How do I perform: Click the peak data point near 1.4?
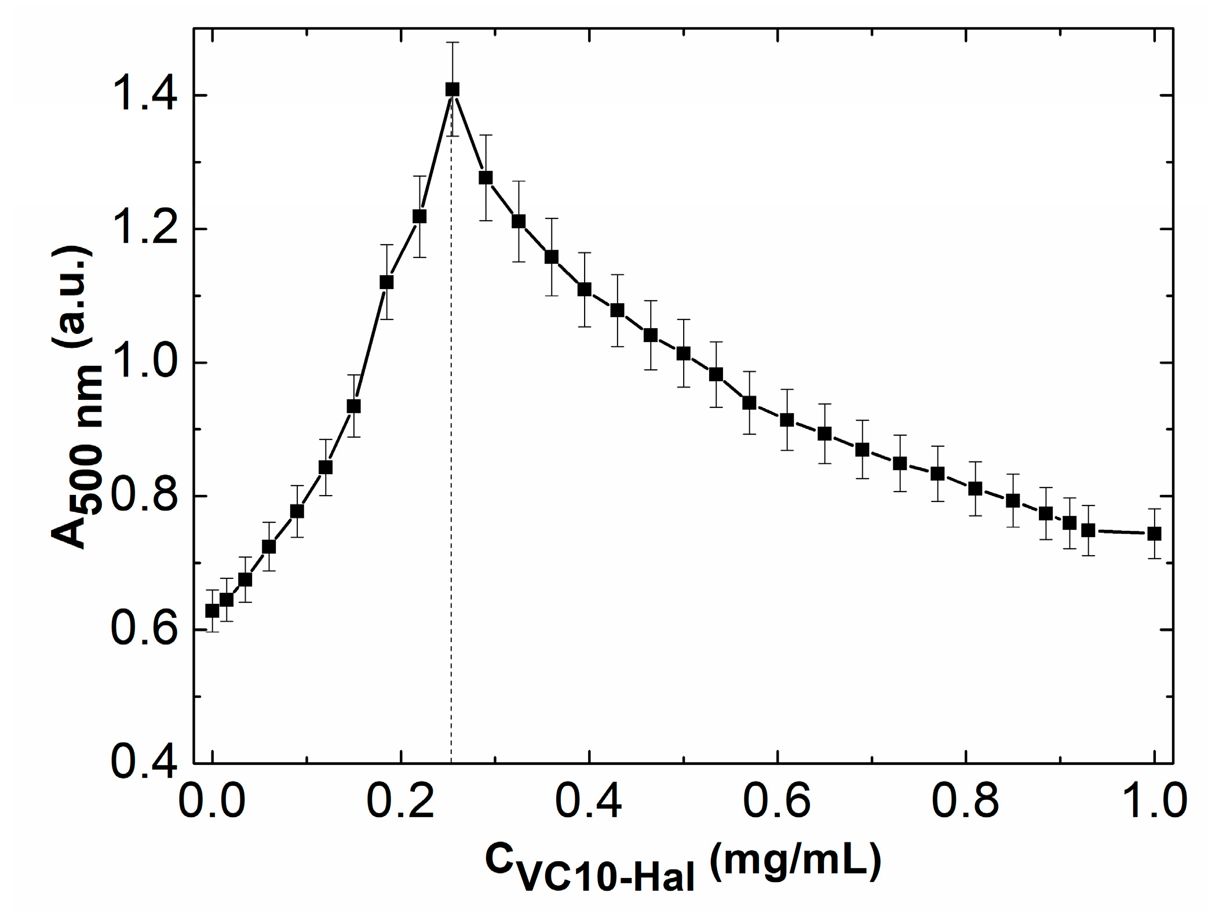pos(452,89)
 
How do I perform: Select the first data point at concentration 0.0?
pos(213,611)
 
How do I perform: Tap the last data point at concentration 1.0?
pos(1154,534)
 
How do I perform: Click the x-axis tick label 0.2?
pos(400,802)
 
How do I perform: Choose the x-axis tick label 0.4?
pos(589,802)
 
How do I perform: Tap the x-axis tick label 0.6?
pos(777,802)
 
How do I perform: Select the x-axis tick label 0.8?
pos(965,802)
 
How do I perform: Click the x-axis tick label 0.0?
pos(212,802)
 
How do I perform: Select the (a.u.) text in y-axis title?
pos(72,296)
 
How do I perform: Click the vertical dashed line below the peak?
pos(451,464)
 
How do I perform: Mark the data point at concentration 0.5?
pos(684,354)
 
